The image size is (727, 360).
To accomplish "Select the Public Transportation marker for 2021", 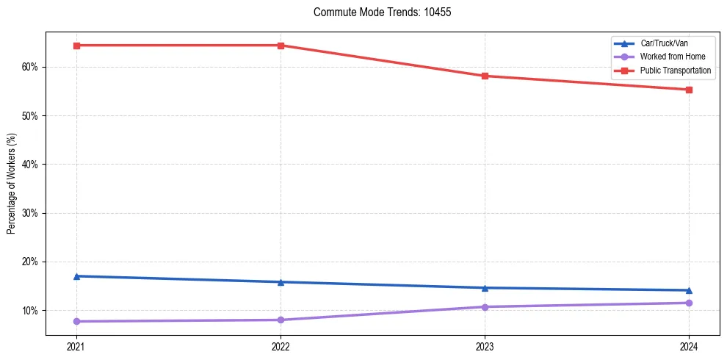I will (76, 46).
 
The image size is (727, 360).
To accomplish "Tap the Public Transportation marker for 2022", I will (281, 46).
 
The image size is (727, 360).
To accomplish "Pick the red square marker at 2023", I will (485, 76).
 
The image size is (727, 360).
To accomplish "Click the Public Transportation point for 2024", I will (689, 90).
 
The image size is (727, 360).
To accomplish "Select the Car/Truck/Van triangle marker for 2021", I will (76, 276).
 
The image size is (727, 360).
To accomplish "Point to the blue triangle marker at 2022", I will (281, 282).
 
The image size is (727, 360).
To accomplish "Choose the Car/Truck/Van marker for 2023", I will (485, 288).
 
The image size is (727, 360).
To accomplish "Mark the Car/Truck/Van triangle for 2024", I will (689, 290).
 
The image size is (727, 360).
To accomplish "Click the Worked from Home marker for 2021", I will (76, 321).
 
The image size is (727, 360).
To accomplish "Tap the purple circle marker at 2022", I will (281, 320).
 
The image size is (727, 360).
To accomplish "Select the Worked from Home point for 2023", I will (485, 307).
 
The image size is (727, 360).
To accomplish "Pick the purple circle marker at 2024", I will (689, 303).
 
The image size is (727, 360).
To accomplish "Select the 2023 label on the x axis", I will (485, 346).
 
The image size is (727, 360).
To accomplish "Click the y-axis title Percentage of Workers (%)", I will (12, 184).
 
